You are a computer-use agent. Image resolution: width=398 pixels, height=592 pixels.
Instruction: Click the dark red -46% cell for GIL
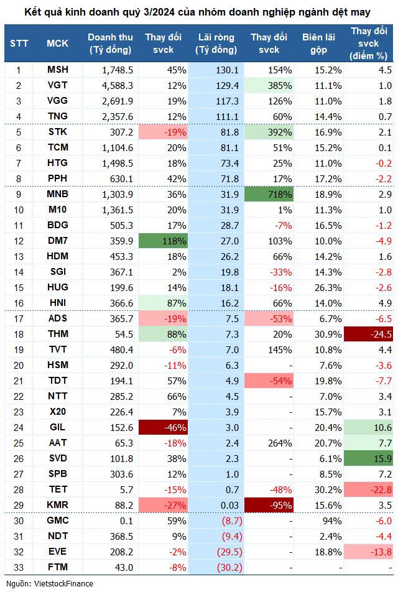pyautogui.click(x=162, y=427)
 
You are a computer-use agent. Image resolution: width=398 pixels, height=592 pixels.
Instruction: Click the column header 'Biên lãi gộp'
pyautogui.click(x=319, y=43)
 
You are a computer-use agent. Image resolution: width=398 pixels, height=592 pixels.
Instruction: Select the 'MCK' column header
pyautogui.click(x=58, y=43)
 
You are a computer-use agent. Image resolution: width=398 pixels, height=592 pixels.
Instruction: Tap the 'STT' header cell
pyautogui.click(x=19, y=43)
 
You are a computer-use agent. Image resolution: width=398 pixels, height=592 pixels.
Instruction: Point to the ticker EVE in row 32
pyautogui.click(x=58, y=552)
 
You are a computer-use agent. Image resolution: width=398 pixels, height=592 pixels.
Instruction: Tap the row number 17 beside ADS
pyautogui.click(x=19, y=318)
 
